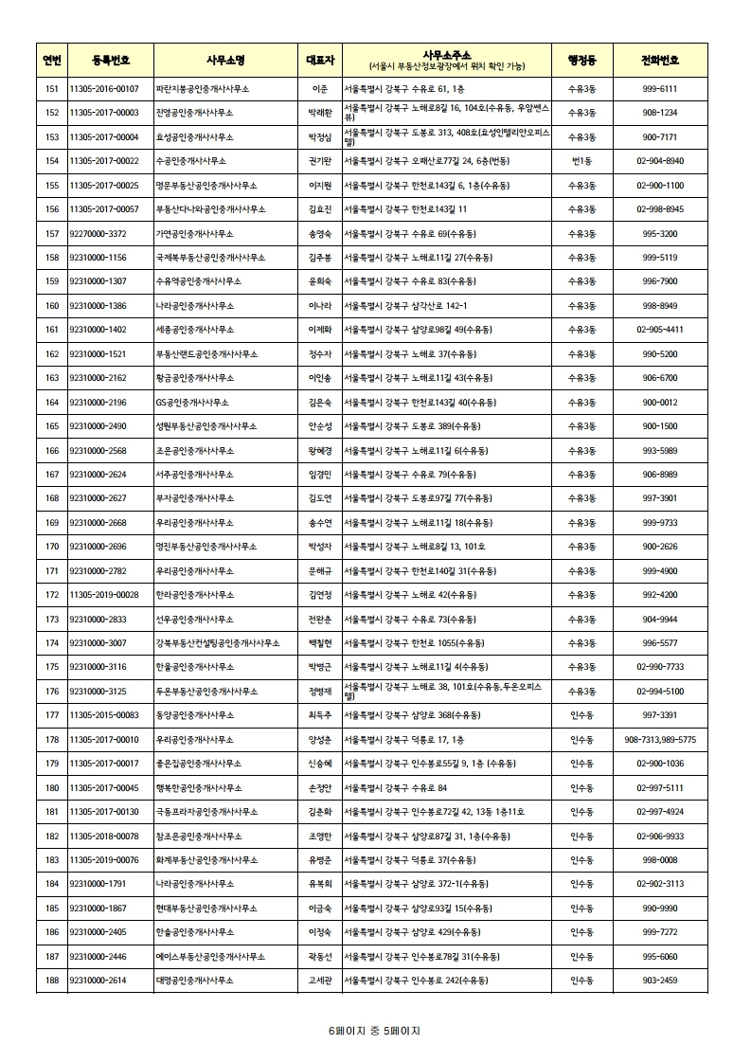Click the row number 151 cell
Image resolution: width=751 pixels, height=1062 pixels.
coord(51,88)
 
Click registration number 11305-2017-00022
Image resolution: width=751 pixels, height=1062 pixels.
coord(104,161)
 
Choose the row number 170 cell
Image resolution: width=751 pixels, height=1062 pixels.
coord(51,547)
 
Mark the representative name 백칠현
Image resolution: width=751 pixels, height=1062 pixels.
coord(319,643)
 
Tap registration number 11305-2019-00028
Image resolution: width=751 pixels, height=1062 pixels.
coord(104,595)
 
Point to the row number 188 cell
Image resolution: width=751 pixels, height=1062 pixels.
coord(51,981)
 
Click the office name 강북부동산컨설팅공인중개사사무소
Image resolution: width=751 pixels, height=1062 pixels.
coord(218,643)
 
